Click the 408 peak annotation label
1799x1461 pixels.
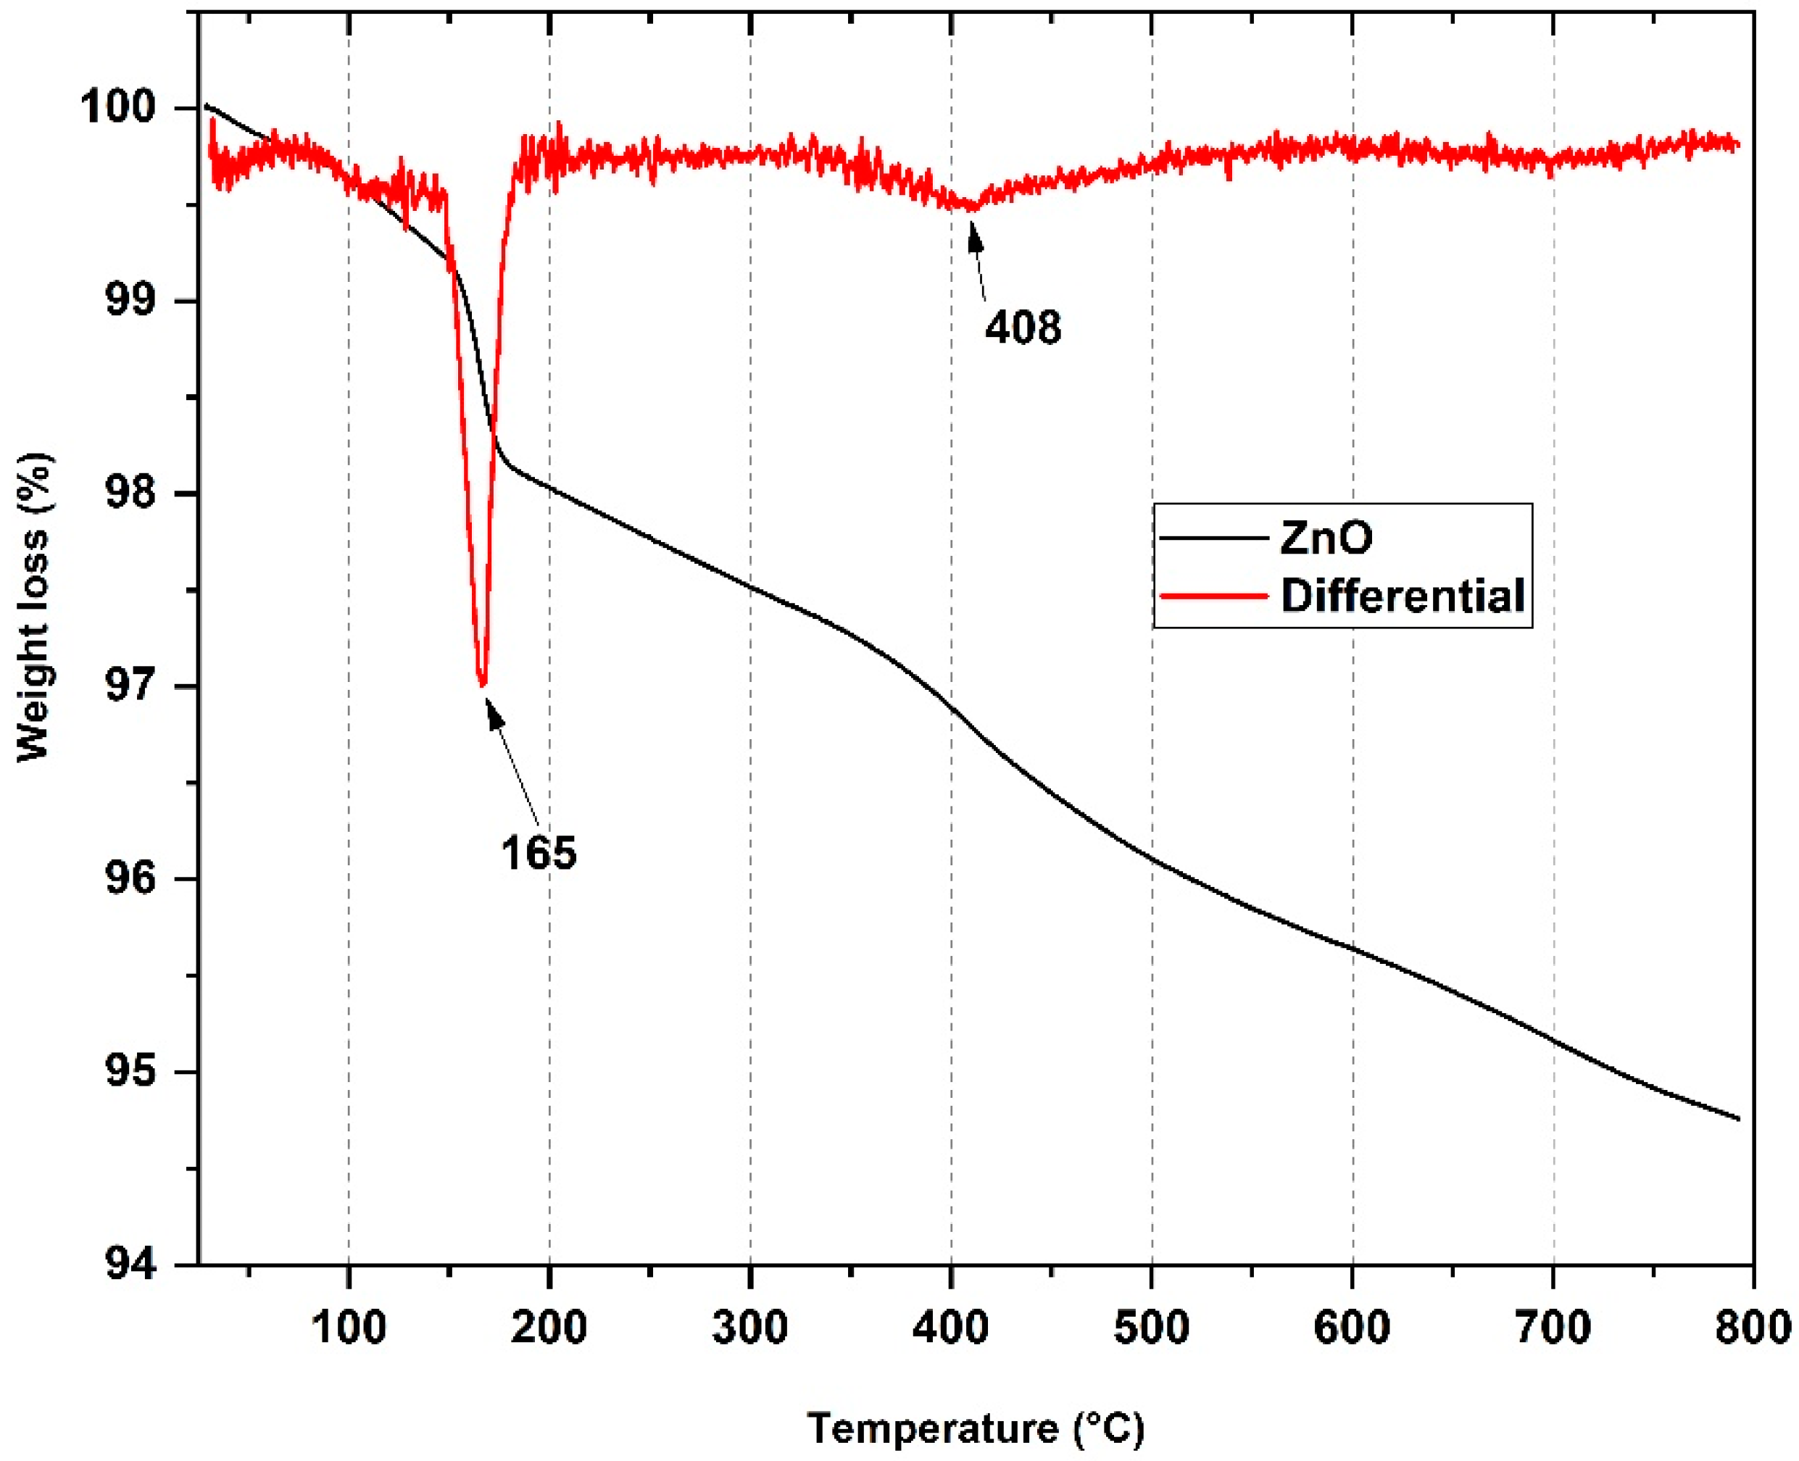pyautogui.click(x=1023, y=327)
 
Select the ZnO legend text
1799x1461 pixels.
pyautogui.click(x=1326, y=537)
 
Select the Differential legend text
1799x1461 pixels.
pyautogui.click(x=1403, y=595)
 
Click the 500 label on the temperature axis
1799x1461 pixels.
pyautogui.click(x=1152, y=1327)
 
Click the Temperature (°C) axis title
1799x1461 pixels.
pyautogui.click(x=976, y=1428)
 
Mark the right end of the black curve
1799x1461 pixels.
pyautogui.click(x=1738, y=1120)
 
